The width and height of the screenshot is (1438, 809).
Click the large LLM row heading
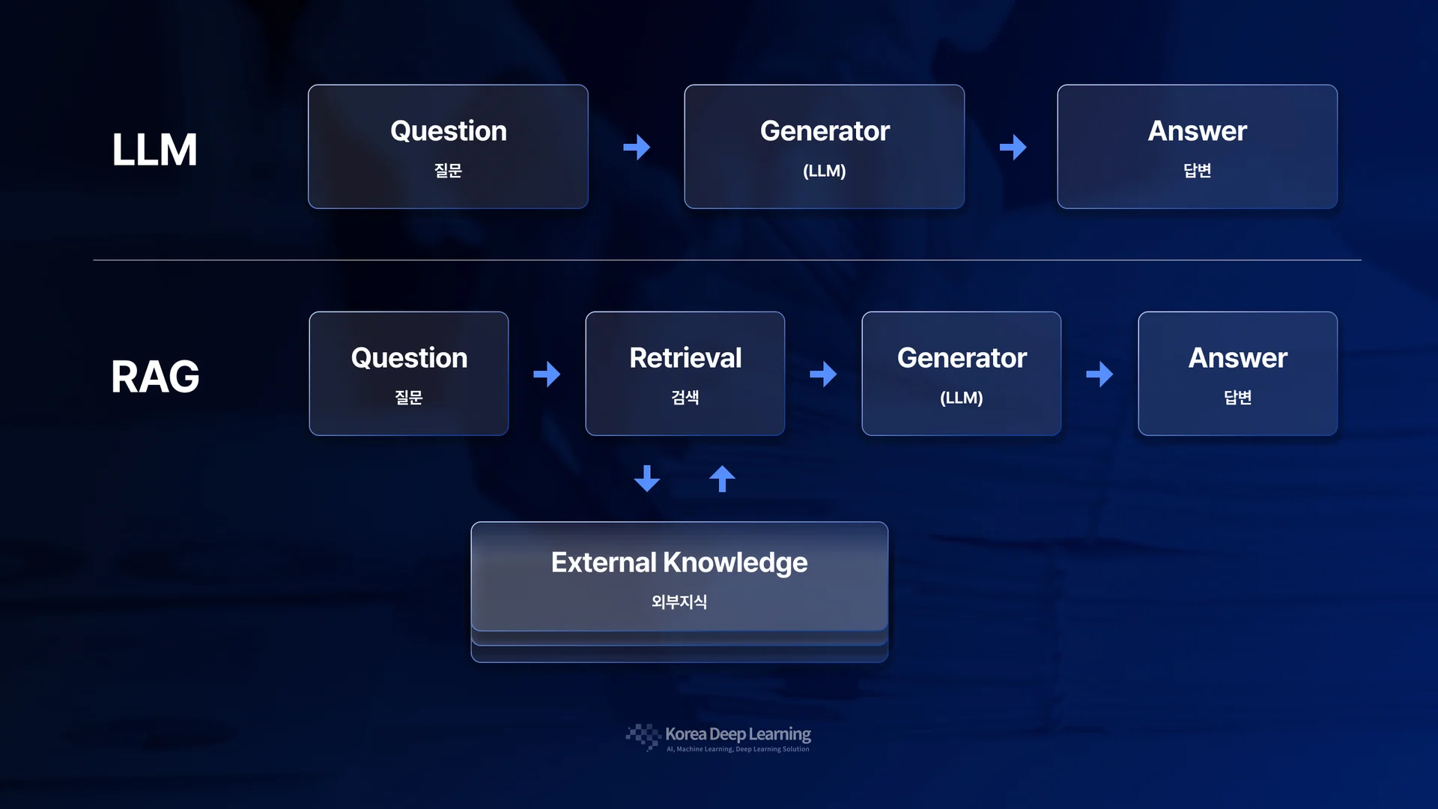pos(154,150)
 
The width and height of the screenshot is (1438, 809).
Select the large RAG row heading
pos(155,377)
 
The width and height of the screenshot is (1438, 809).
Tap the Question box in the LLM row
pos(448,147)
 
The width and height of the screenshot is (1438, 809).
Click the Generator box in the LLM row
pos(824,147)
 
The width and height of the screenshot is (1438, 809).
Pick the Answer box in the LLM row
pos(1197,147)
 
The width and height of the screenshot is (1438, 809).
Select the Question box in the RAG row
pos(409,374)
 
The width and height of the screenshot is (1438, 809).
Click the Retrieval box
pos(685,374)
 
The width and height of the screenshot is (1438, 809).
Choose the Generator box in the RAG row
pos(961,374)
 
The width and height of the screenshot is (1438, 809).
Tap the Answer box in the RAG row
pos(1237,374)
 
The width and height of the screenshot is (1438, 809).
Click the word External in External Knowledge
pos(604,563)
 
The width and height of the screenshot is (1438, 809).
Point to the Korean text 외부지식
pos(679,602)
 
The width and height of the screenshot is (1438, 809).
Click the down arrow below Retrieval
pos(647,479)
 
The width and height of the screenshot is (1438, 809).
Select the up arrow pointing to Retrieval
pos(722,479)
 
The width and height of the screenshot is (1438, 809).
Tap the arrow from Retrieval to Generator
pos(823,374)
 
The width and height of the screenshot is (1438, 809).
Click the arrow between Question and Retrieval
pos(547,374)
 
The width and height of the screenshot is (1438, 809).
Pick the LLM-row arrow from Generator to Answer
pos(1013,147)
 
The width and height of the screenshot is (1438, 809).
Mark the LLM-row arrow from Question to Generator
pos(637,147)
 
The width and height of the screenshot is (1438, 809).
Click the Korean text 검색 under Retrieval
pos(685,398)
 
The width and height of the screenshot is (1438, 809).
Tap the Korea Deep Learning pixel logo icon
pos(643,736)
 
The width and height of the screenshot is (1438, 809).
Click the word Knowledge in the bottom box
pos(735,563)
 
